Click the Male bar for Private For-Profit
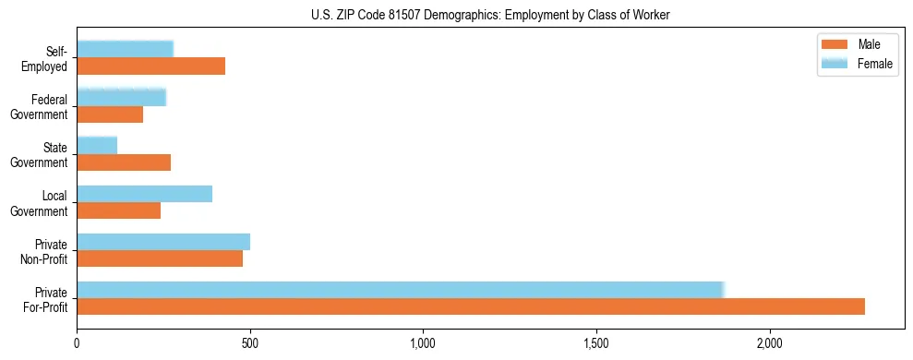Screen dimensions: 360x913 coord(471,306)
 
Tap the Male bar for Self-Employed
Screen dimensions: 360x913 coord(150,66)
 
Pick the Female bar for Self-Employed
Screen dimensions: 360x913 coord(125,49)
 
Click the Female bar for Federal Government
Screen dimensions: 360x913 coord(121,97)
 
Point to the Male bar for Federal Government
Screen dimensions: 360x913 coord(110,114)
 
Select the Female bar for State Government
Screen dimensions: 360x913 coord(97,145)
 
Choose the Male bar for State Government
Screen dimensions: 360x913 coord(124,162)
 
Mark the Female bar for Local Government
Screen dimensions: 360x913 coord(144,193)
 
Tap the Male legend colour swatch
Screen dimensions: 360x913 coord(834,45)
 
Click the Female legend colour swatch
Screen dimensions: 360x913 coord(834,63)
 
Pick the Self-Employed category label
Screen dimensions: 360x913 coord(46,59)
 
